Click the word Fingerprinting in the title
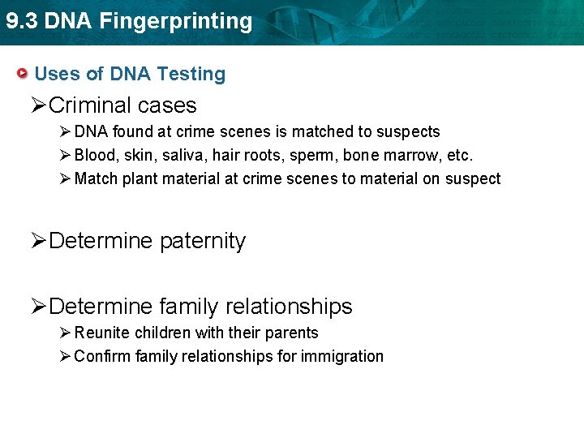(x=177, y=22)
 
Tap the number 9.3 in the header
(x=20, y=21)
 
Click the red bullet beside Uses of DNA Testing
(x=25, y=74)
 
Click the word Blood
(x=93, y=155)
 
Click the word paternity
(x=203, y=242)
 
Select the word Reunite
(x=102, y=333)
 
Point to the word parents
(x=292, y=333)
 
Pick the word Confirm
(x=103, y=356)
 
